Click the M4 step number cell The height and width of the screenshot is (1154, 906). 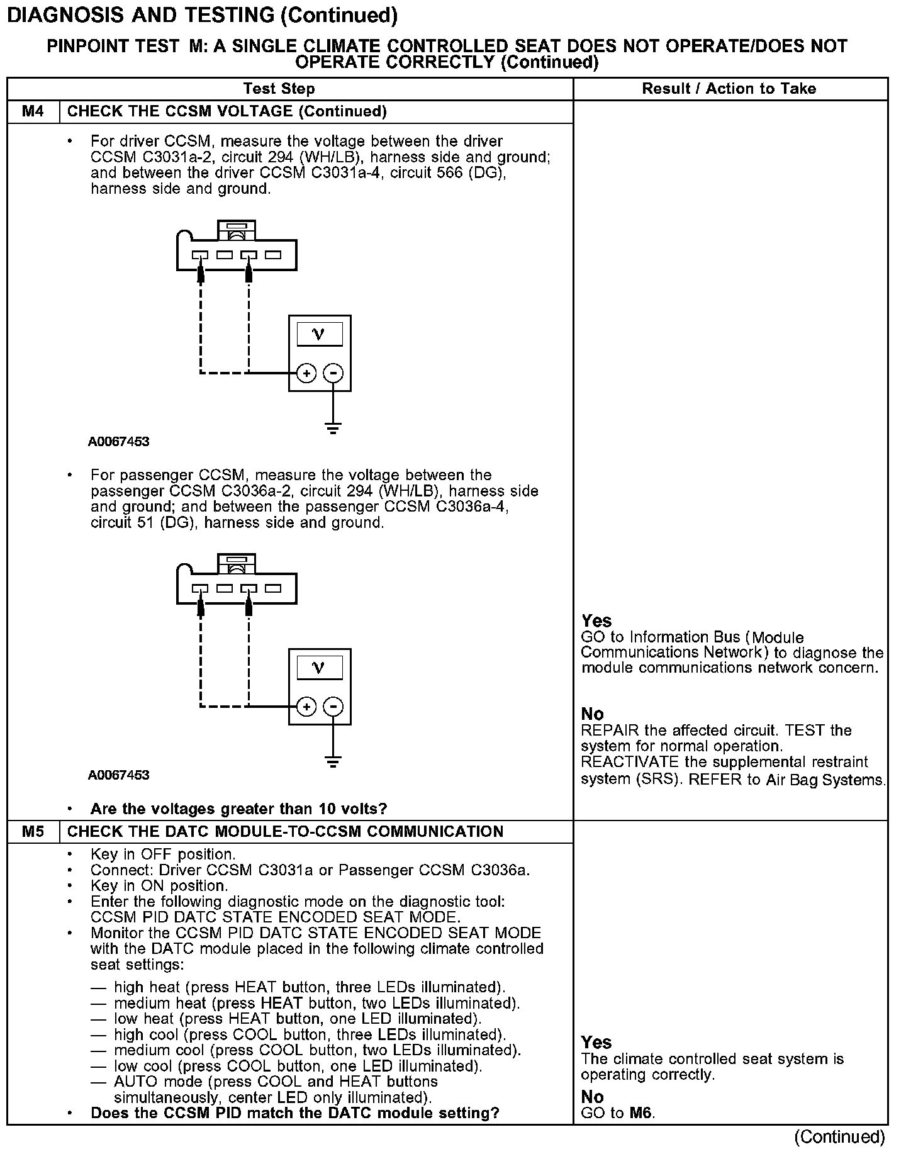(33, 111)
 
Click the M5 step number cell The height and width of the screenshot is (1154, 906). (33, 831)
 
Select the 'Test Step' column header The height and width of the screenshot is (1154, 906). (279, 89)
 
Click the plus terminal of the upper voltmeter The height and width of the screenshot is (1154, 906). (306, 373)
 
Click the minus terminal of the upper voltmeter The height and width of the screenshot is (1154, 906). (333, 373)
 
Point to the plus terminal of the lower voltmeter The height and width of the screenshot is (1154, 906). (306, 707)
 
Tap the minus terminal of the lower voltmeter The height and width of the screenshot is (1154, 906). (333, 707)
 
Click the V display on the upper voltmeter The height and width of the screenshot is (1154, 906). (319, 334)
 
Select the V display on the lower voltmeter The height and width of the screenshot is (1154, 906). (319, 668)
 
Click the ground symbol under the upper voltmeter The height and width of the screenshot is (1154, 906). (333, 429)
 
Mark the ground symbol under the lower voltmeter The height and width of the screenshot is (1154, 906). (333, 763)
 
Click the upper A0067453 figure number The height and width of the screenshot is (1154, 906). (119, 442)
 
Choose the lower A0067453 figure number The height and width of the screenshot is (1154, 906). (119, 775)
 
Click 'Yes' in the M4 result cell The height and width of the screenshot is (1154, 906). (596, 621)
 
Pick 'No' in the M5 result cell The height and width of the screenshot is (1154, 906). (593, 1097)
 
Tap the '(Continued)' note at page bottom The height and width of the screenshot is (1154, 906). (839, 1136)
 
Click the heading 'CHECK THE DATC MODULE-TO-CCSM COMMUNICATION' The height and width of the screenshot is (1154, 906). (285, 831)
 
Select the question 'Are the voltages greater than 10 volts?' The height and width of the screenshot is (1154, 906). (238, 809)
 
